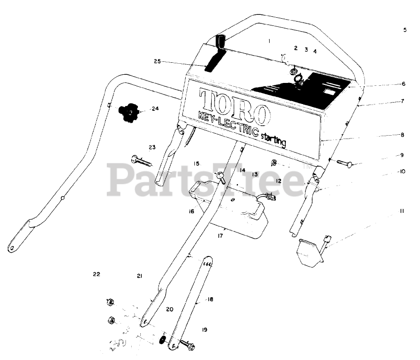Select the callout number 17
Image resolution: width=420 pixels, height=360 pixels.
tap(221, 235)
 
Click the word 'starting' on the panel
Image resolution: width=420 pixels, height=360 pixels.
tap(274, 140)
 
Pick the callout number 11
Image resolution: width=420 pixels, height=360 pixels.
tap(403, 210)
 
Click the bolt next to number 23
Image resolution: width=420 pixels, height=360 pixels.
tap(139, 159)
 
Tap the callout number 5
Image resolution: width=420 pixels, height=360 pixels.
tap(405, 30)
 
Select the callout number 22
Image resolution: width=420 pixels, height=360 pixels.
tap(96, 274)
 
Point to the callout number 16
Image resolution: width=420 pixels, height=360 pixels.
tap(192, 210)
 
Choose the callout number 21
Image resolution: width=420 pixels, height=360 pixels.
tap(139, 276)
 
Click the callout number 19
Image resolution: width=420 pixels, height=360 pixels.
tap(204, 330)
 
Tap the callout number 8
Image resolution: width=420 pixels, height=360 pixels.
tap(403, 135)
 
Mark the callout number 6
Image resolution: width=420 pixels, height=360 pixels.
tap(404, 83)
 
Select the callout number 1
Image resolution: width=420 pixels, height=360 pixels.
tap(270, 41)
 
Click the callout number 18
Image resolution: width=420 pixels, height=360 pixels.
tap(210, 299)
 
